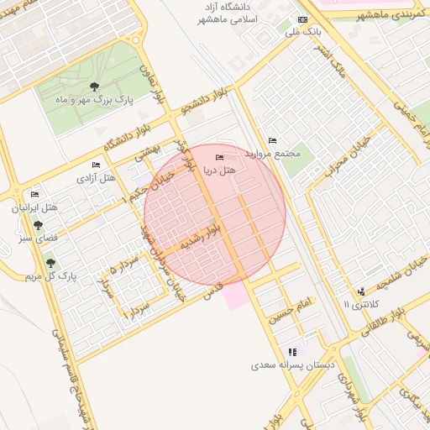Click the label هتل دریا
220,170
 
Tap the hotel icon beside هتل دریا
220,158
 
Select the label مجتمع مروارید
267,155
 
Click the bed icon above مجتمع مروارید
271,140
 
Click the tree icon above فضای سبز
38,225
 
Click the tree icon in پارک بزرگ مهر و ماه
93,87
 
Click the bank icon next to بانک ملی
302,20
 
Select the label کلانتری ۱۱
362,303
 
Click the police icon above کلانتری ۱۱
360,290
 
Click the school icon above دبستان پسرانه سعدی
291,352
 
